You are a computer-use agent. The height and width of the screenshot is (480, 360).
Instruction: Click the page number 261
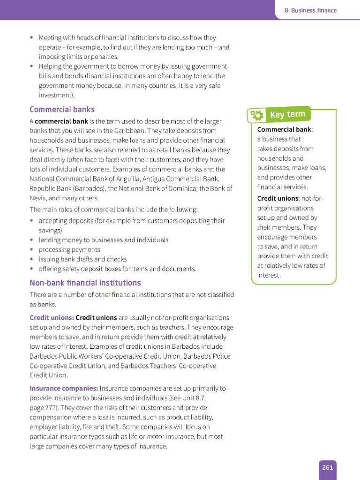click(x=327, y=467)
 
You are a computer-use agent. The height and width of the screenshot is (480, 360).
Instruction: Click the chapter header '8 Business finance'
click(x=310, y=10)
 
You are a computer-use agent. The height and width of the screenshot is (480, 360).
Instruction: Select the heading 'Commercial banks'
click(x=62, y=109)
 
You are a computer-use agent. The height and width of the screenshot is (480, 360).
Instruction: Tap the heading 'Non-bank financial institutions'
click(x=85, y=283)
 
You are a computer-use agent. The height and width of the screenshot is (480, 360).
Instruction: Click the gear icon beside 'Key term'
click(x=257, y=115)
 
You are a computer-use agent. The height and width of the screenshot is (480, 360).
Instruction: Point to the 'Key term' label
click(x=287, y=114)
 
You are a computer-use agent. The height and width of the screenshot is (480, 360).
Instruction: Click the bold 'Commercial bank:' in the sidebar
click(x=285, y=129)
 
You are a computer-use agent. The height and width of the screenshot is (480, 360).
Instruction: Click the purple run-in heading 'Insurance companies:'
click(x=64, y=388)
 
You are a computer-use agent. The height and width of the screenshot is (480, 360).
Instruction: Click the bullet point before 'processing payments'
click(x=31, y=250)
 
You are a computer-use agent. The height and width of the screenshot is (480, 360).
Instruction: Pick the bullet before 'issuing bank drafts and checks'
click(x=31, y=259)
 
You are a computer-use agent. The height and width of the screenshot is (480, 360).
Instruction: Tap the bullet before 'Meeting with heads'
click(x=31, y=37)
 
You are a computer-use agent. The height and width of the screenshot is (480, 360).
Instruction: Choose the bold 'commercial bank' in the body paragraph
click(x=61, y=121)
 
